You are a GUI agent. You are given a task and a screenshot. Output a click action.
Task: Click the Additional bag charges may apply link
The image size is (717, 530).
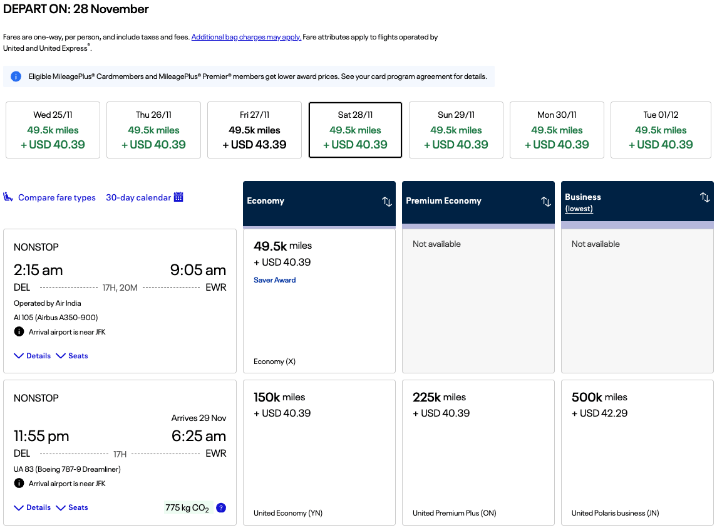click(x=246, y=37)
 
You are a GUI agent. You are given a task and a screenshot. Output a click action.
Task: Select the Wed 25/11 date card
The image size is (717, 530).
click(x=53, y=130)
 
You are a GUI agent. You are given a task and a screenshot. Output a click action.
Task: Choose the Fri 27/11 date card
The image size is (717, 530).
click(x=254, y=130)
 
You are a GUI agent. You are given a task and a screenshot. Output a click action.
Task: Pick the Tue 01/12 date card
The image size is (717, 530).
click(x=661, y=130)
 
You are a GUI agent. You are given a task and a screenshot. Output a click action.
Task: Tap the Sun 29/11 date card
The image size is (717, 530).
click(x=456, y=130)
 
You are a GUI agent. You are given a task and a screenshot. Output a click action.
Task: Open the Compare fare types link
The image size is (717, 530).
click(x=57, y=197)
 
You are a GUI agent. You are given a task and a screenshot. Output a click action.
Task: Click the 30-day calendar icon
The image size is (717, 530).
click(x=178, y=197)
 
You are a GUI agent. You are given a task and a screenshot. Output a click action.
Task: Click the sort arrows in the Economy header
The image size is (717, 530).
click(x=387, y=201)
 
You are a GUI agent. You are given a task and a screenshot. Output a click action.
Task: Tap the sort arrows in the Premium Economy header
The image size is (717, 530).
click(x=545, y=201)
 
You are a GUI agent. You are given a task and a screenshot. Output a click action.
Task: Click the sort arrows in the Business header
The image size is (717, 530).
click(x=704, y=197)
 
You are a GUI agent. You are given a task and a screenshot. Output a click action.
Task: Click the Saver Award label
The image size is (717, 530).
click(x=274, y=280)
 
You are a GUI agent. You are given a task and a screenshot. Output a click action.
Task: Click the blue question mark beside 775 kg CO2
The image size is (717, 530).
click(x=221, y=507)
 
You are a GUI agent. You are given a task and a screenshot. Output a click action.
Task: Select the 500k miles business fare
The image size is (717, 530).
click(x=637, y=452)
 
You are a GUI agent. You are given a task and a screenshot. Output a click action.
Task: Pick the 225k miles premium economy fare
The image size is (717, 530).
click(x=478, y=452)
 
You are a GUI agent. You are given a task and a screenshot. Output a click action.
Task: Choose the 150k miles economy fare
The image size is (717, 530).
click(x=319, y=452)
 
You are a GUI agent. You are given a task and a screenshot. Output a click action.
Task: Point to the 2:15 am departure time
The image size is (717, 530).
click(x=38, y=270)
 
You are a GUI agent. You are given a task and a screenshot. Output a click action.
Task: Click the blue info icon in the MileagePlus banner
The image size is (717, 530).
click(x=16, y=76)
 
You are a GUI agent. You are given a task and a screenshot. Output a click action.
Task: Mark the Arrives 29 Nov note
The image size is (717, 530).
click(x=199, y=418)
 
